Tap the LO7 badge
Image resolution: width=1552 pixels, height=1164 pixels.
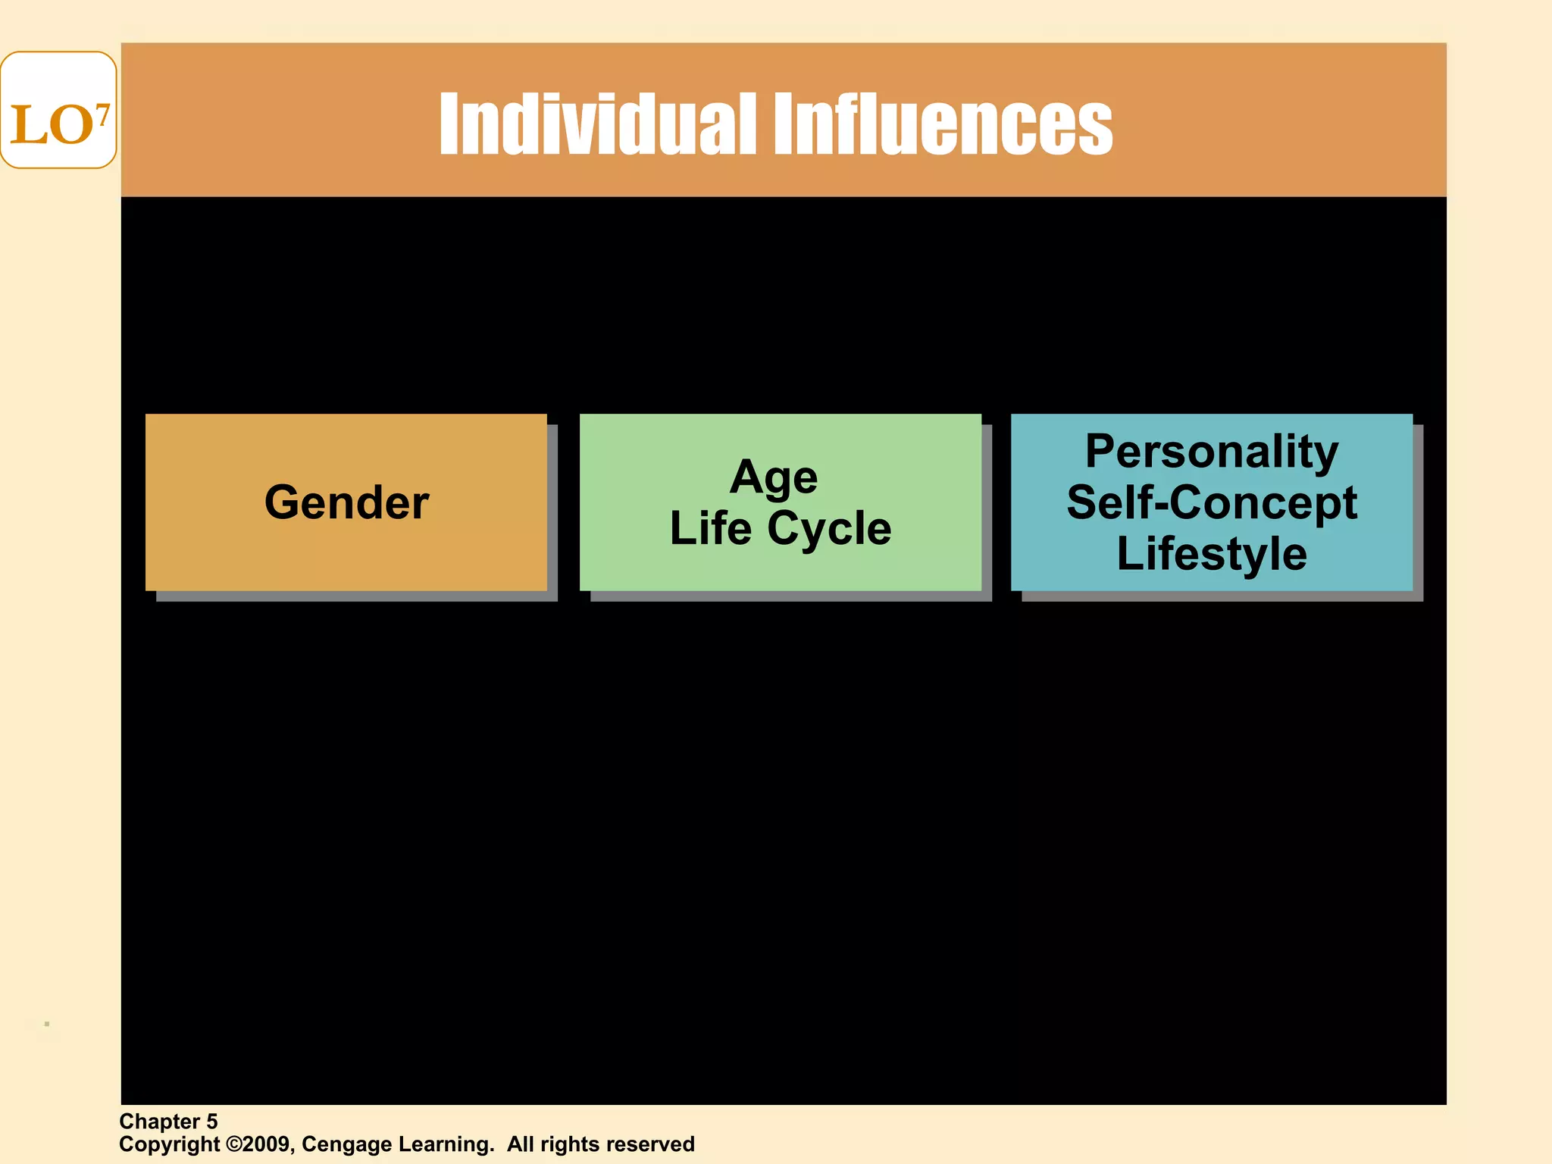[58, 111]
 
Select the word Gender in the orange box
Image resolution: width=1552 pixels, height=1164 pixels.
[346, 502]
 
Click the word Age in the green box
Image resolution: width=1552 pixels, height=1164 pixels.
[774, 477]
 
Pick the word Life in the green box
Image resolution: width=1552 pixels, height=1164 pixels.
[710, 528]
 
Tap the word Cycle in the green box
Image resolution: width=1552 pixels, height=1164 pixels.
[829, 528]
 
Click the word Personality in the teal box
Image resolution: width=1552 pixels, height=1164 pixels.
[1212, 452]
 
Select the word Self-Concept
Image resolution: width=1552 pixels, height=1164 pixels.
[1212, 502]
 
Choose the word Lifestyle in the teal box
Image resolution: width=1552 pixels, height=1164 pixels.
[1212, 553]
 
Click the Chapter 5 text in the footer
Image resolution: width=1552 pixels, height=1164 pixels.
[168, 1122]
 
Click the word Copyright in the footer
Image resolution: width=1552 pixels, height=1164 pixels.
[169, 1144]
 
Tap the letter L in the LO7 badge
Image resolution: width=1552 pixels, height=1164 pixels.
[24, 126]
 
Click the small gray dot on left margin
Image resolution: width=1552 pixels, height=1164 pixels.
[47, 1024]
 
